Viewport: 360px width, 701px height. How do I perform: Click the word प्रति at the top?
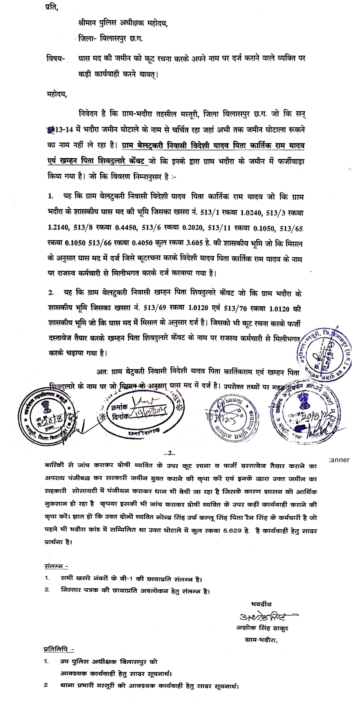(x=52, y=7)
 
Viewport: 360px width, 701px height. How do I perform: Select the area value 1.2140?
(x=58, y=228)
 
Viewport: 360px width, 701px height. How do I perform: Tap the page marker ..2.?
(x=170, y=453)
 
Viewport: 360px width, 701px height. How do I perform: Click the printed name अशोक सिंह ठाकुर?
(x=262, y=628)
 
